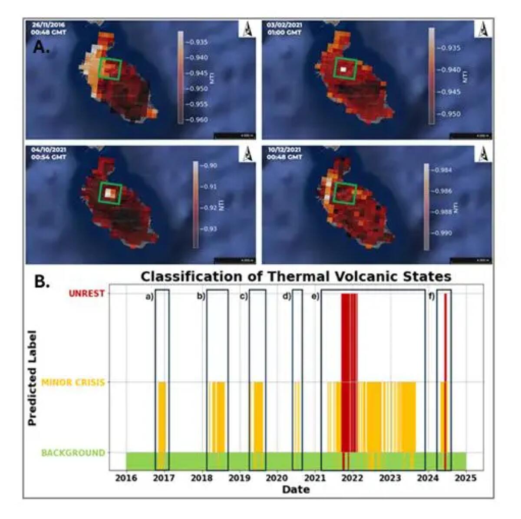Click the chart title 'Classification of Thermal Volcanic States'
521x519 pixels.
296,276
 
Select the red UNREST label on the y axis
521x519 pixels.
87,293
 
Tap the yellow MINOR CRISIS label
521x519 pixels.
73,383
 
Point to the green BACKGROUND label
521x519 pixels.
73,453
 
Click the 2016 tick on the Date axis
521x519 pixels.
126,478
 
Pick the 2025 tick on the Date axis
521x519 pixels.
466,478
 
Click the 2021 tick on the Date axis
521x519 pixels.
315,478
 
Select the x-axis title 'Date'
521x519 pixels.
296,489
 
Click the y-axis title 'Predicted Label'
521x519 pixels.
32,378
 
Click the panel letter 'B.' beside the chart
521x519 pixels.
42,282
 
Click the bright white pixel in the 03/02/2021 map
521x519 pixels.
344,69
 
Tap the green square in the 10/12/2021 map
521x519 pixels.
345,193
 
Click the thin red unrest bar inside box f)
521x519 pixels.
445,374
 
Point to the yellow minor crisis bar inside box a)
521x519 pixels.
162,417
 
